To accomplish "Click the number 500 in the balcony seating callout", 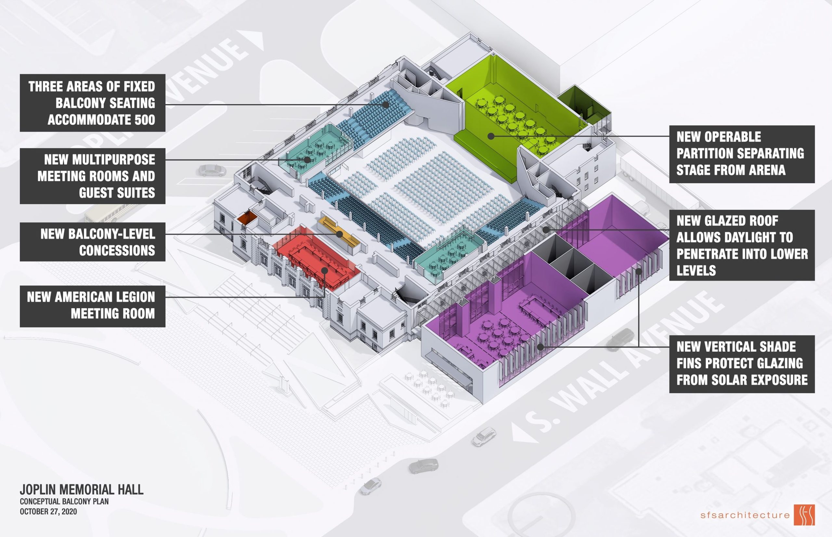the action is pos(145,120).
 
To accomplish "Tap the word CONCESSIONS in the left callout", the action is pos(117,250).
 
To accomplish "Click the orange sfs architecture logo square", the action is pos(804,514).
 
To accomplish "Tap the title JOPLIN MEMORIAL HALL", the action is pos(82,489).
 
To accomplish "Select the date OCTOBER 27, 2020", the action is pos(48,512).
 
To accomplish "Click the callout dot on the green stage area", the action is pos(491,136).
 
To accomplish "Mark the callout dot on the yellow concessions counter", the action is pos(339,234).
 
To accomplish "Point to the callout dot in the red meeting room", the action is pos(324,270).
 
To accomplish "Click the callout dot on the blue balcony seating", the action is pos(385,104).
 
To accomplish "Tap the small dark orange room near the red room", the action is pos(247,217).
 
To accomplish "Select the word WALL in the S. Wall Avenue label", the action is pos(607,377).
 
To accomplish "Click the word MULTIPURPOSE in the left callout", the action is pos(99,160).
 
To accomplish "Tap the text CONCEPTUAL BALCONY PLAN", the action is pos(64,502).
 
